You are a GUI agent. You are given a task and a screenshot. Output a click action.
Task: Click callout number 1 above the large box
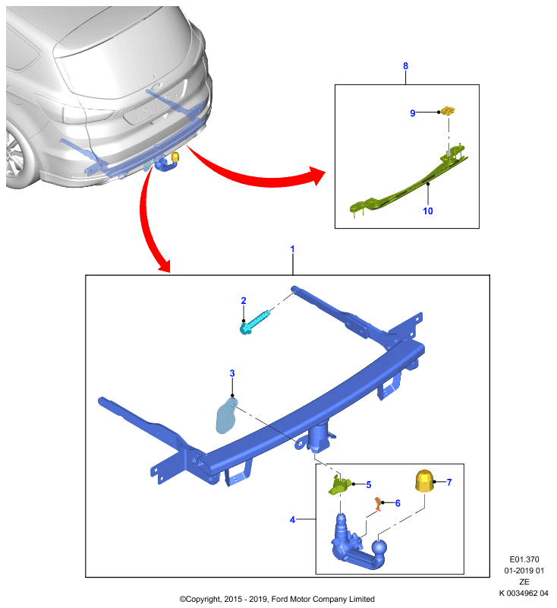pyautogui.click(x=292, y=249)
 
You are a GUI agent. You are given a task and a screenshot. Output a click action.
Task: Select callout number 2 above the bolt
pyautogui.click(x=244, y=300)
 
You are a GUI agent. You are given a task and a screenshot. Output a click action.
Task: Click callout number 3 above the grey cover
pyautogui.click(x=232, y=373)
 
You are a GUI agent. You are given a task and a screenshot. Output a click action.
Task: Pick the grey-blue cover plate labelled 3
pyautogui.click(x=226, y=416)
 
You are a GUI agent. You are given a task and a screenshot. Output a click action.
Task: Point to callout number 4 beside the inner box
pyautogui.click(x=292, y=520)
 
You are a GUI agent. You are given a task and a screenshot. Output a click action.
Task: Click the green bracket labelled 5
pyautogui.click(x=339, y=486)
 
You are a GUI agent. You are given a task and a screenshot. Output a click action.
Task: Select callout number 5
pyautogui.click(x=369, y=485)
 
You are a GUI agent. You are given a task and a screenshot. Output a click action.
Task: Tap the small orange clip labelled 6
pyautogui.click(x=377, y=504)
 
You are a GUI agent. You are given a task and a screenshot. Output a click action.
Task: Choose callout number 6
pyautogui.click(x=398, y=503)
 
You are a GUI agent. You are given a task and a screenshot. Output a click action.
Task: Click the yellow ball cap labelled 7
pyautogui.click(x=424, y=481)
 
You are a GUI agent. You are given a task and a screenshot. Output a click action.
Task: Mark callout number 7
pyautogui.click(x=449, y=483)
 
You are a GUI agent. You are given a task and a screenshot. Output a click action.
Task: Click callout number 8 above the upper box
pyautogui.click(x=405, y=66)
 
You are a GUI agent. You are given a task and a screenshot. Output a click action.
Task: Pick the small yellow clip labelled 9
pyautogui.click(x=448, y=111)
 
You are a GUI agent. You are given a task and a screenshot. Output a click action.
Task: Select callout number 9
pyautogui.click(x=413, y=112)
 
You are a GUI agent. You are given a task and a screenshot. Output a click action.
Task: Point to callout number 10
pyautogui.click(x=428, y=211)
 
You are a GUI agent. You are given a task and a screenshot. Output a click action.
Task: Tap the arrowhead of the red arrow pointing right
pyautogui.click(x=317, y=176)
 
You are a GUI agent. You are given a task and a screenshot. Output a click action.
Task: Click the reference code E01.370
pyautogui.click(x=524, y=559)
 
